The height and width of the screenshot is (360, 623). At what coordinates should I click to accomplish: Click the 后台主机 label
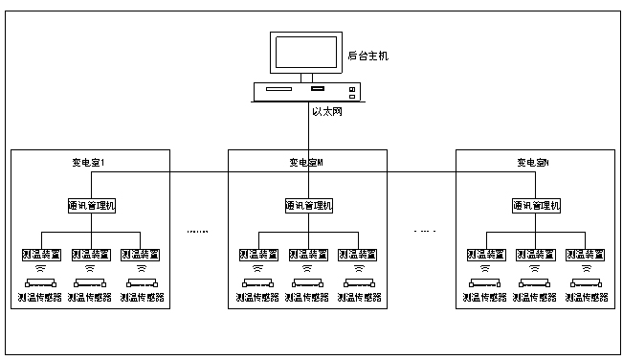[367, 56]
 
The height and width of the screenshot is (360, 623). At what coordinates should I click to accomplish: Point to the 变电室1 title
[88, 163]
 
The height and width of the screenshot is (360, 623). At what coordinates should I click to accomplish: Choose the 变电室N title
[534, 163]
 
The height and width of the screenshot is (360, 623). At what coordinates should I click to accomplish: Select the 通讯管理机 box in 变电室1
[90, 206]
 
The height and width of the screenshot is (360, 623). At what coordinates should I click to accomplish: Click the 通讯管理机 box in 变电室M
[308, 206]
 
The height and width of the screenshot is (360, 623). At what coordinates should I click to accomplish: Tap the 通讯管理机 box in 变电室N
[535, 206]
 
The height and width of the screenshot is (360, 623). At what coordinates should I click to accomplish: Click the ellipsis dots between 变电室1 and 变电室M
[198, 232]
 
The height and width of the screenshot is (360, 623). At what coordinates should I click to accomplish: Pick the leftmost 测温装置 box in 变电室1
[40, 254]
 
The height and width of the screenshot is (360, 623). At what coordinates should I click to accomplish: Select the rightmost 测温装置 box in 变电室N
[585, 254]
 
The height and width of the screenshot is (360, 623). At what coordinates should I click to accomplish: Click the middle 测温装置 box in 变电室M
[308, 254]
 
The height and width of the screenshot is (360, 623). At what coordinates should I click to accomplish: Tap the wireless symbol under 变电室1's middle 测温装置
[90, 269]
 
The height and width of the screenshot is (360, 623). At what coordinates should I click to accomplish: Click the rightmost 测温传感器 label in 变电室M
[358, 298]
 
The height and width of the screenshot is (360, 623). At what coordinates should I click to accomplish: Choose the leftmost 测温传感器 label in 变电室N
[485, 298]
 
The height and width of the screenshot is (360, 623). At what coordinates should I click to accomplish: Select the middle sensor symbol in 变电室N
[535, 283]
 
